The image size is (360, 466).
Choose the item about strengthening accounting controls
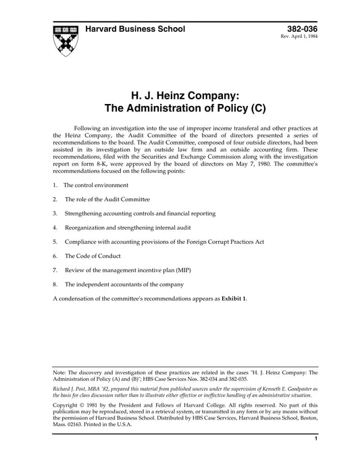(x=140, y=213)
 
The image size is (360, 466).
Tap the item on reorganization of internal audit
(x=140, y=227)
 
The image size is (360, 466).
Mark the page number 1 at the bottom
(x=316, y=457)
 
